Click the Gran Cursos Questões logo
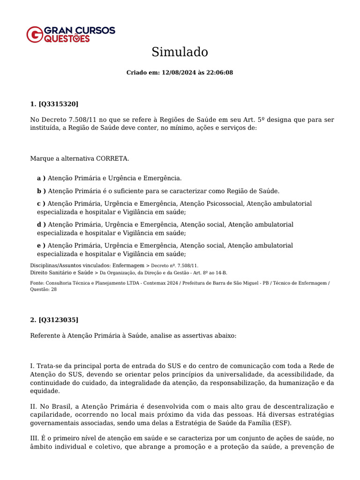(70, 34)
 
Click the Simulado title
(180, 52)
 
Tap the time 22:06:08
(219, 73)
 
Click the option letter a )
(41, 178)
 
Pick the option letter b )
(41, 191)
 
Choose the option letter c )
(41, 203)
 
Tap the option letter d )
(41, 225)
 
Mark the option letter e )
(41, 246)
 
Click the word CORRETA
(112, 158)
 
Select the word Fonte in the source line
(37, 283)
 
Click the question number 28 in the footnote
(54, 289)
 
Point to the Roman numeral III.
(35, 438)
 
